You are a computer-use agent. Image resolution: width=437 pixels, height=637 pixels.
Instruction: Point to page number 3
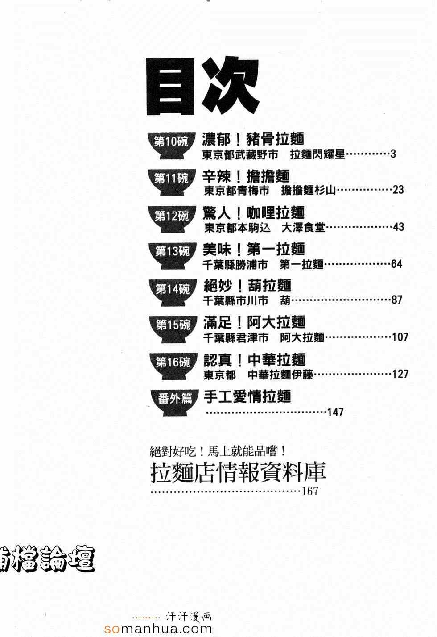pyautogui.click(x=393, y=154)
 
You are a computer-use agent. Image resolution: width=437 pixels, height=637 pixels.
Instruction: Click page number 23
pyautogui.click(x=398, y=190)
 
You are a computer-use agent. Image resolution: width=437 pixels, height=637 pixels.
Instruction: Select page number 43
pyautogui.click(x=398, y=227)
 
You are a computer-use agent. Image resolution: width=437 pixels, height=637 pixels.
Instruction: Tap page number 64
pyautogui.click(x=396, y=264)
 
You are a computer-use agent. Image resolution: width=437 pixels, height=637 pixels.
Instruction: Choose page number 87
pyautogui.click(x=397, y=300)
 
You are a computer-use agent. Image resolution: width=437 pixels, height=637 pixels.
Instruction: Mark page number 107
pyautogui.click(x=400, y=337)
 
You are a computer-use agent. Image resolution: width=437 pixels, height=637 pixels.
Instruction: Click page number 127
pyautogui.click(x=400, y=374)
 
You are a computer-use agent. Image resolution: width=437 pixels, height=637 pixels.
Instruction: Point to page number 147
pyautogui.click(x=335, y=412)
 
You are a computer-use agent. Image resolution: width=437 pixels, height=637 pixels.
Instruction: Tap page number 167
pyautogui.click(x=310, y=491)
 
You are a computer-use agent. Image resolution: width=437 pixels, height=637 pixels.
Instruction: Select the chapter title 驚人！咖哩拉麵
pyautogui.click(x=254, y=213)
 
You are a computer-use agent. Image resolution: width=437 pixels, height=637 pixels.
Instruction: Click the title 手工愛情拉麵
pyautogui.click(x=247, y=396)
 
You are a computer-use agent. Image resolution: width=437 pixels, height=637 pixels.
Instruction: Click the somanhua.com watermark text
pyautogui.click(x=158, y=629)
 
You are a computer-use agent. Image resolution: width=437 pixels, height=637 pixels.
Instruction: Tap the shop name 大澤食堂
pyautogui.click(x=303, y=228)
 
